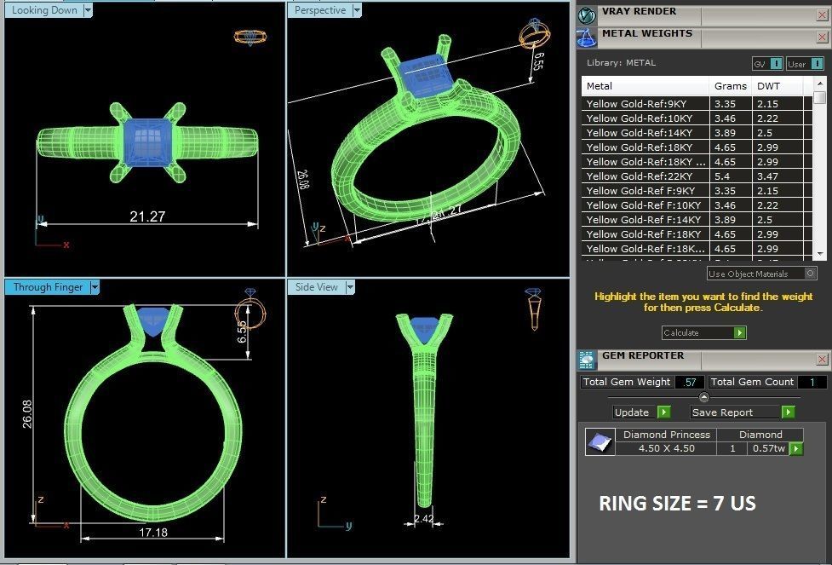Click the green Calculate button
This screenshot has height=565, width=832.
(x=739, y=333)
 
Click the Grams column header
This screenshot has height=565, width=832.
(x=730, y=86)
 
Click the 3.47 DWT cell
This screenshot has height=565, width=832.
(x=767, y=176)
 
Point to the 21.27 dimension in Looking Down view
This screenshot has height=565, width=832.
(x=147, y=216)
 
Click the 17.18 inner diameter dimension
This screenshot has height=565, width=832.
(x=152, y=532)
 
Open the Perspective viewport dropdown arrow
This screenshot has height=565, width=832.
(x=357, y=10)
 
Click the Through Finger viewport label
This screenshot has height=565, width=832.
(x=48, y=287)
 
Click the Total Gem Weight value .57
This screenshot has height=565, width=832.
(x=689, y=383)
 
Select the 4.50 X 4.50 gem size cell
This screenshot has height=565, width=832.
(x=666, y=448)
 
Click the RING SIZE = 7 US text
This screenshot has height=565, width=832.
(x=677, y=504)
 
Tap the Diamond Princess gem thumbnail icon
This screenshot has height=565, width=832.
(x=600, y=442)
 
